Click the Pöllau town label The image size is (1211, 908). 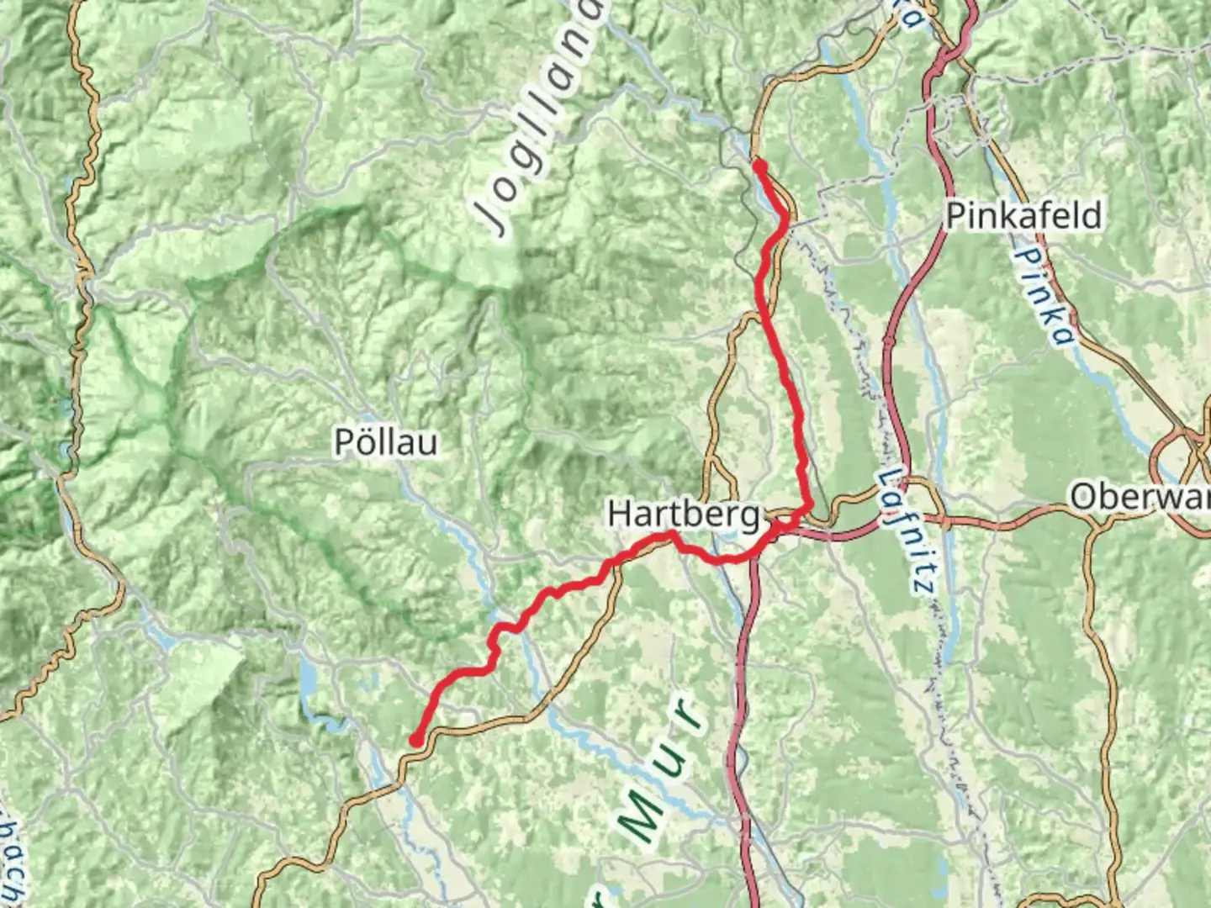386,442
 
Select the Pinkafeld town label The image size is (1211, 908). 1023,216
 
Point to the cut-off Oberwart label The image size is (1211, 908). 1140,498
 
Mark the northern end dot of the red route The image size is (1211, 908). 759,166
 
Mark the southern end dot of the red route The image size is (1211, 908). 415,740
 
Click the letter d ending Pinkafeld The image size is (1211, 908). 1092,216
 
